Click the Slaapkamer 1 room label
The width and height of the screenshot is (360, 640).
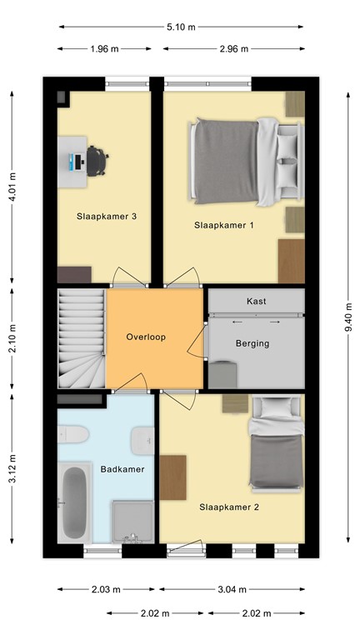224,225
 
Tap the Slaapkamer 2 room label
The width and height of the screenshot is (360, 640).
228,506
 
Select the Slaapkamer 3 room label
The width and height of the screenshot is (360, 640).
107,217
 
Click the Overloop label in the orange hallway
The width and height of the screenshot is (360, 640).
147,337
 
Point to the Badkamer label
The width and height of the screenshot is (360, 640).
122,469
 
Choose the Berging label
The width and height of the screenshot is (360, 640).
252,342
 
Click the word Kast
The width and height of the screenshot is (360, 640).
256,301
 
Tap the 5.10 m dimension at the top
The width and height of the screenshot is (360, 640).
180,27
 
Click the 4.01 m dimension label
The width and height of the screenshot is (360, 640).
12,187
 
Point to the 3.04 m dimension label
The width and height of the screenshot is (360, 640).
231,589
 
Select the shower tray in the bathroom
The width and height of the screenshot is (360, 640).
133,522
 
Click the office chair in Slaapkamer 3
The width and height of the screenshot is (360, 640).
97,160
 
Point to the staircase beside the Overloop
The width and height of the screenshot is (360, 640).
81,337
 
